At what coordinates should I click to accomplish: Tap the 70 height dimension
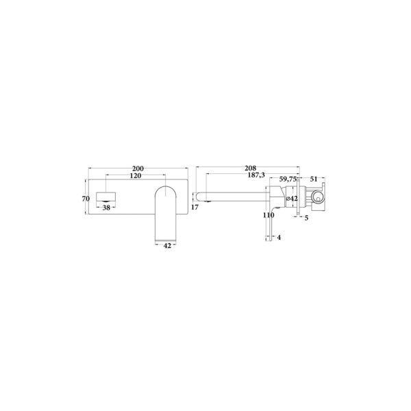click(x=85, y=199)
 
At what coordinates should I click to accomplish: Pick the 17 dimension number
click(x=195, y=206)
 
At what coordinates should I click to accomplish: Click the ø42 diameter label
click(x=291, y=199)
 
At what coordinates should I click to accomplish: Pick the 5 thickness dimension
click(x=306, y=219)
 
